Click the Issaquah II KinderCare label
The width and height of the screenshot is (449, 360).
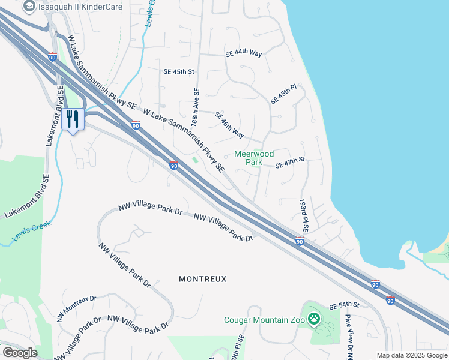point(80,7)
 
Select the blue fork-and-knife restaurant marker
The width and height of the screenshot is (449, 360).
point(73,119)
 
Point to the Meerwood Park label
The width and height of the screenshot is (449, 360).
point(253,158)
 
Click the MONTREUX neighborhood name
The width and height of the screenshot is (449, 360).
point(203,279)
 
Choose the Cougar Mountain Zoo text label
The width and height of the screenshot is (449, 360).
point(264,320)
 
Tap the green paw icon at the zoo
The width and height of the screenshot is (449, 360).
point(314,319)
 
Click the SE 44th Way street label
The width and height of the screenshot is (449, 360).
point(244,53)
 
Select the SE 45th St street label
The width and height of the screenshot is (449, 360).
point(179,71)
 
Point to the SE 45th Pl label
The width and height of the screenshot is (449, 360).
point(283,94)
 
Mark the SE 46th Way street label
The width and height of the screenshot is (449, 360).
point(229,125)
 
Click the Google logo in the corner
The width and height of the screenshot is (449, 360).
point(19,353)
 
